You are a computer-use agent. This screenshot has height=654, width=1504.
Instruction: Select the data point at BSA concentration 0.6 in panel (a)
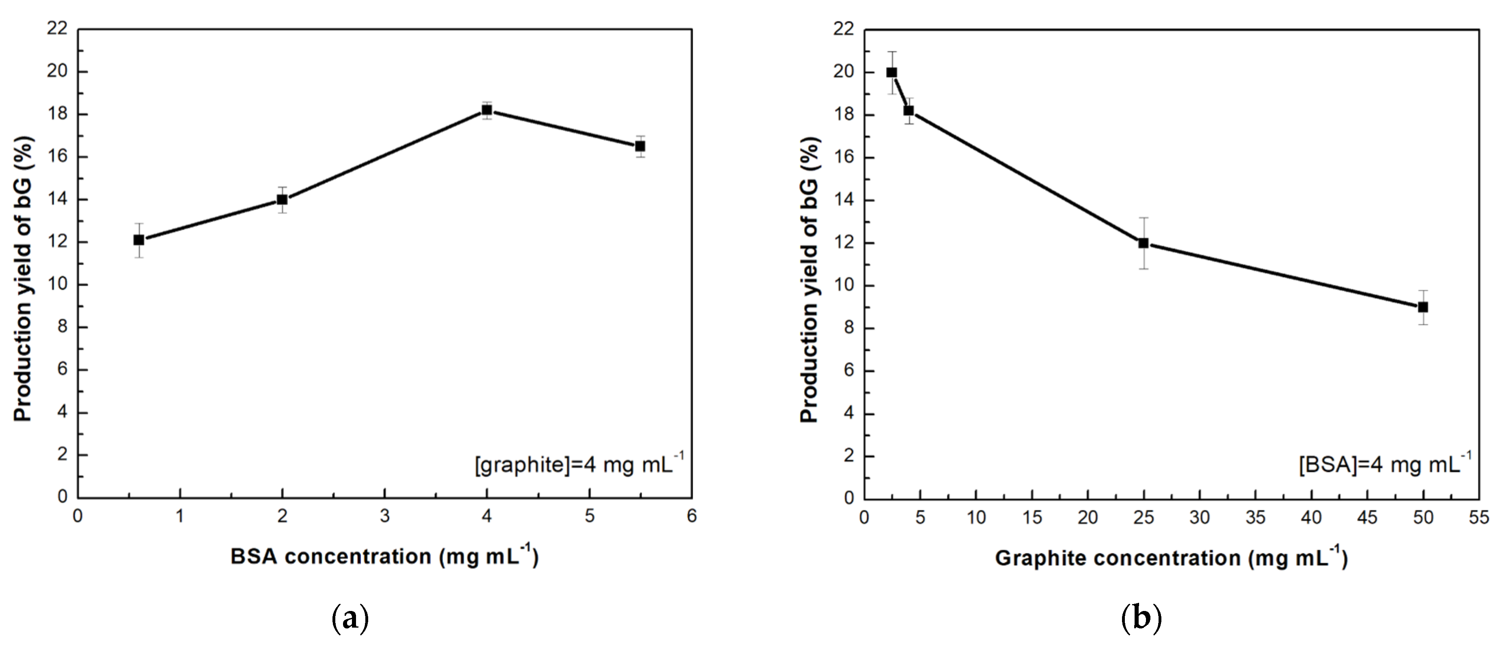(x=139, y=240)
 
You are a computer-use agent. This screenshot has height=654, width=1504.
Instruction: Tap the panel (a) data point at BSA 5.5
(x=640, y=146)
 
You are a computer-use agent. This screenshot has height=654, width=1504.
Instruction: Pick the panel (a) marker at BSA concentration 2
(x=282, y=200)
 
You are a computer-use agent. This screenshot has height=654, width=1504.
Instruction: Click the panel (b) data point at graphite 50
(x=1423, y=307)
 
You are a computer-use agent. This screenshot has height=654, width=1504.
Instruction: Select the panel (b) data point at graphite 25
(x=1143, y=243)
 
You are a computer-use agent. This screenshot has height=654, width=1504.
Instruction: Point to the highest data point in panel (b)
(x=891, y=72)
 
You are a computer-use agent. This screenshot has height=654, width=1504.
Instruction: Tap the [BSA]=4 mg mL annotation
(x=1384, y=464)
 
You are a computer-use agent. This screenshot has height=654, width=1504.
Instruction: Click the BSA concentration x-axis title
(x=384, y=557)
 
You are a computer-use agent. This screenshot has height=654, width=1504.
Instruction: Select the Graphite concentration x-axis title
(x=1171, y=558)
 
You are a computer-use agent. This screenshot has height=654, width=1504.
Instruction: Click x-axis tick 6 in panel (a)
(x=692, y=517)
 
